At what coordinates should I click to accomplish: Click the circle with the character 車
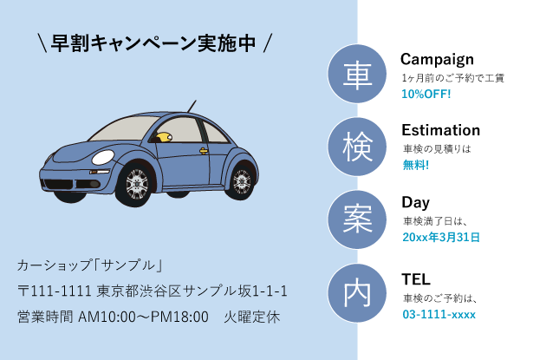point(357,74)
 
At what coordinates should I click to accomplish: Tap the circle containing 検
point(357,147)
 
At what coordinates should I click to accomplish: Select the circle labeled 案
point(357,219)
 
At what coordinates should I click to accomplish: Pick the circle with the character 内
point(357,293)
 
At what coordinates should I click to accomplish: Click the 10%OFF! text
point(426,94)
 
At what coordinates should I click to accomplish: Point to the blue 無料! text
point(415,165)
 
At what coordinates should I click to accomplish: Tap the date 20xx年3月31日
point(441,237)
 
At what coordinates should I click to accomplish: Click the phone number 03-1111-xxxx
point(439,314)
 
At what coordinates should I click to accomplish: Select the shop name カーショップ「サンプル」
point(90,264)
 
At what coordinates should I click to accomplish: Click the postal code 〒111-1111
point(54,291)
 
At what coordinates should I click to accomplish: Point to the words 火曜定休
point(252,317)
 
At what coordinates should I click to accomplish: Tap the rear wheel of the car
point(242,180)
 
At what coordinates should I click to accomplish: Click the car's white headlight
point(103,157)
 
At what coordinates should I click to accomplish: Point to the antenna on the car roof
point(192,108)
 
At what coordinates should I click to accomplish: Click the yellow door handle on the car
point(204,152)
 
